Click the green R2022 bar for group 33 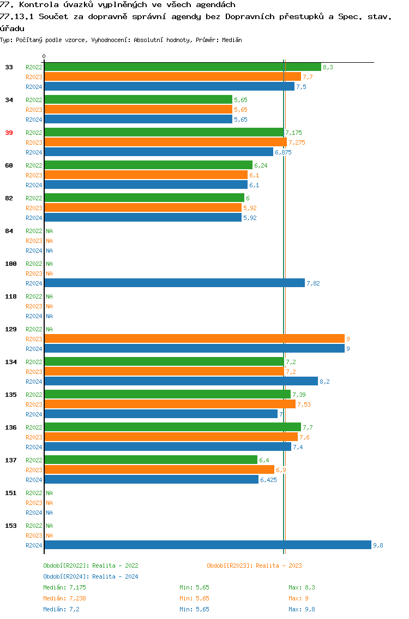[x=183, y=67]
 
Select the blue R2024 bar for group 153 [x=208, y=545]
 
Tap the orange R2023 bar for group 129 [x=194, y=339]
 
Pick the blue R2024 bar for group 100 [x=175, y=283]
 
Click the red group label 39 [x=9, y=133]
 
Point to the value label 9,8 [x=378, y=545]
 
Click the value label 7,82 [x=313, y=283]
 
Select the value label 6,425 [x=269, y=480]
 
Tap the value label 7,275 [x=297, y=142]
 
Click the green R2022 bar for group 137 [x=151, y=460]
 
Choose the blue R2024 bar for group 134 [x=181, y=382]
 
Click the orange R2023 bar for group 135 [x=170, y=404]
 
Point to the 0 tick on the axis [x=44, y=56]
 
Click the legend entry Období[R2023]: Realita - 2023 [x=254, y=566]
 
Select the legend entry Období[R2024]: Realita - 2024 [x=91, y=576]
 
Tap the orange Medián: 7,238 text [x=64, y=598]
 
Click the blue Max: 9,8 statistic [x=302, y=609]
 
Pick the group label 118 [x=11, y=296]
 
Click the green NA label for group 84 [x=49, y=231]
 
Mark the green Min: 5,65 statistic [x=194, y=587]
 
